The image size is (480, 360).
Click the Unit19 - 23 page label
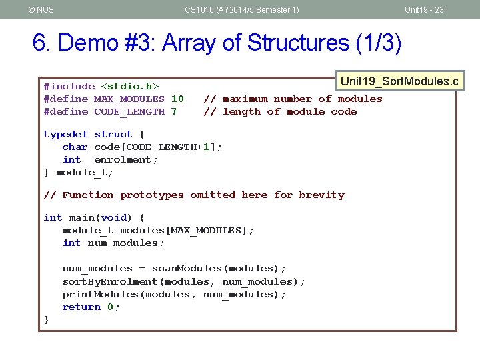tap(424, 9)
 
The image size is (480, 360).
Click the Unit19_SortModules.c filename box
tap(399, 81)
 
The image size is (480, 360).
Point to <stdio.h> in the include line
tap(129, 86)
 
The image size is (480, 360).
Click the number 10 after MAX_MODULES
tap(177, 99)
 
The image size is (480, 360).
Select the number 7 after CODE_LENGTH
tap(174, 111)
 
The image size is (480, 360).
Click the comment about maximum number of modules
tap(293, 99)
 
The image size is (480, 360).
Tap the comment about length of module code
tap(280, 111)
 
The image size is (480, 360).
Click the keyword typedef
tap(65, 134)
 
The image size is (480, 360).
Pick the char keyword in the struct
tap(75, 147)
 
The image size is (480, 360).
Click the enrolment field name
tap(126, 159)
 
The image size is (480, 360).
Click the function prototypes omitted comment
tap(194, 195)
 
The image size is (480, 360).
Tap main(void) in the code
tap(101, 217)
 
